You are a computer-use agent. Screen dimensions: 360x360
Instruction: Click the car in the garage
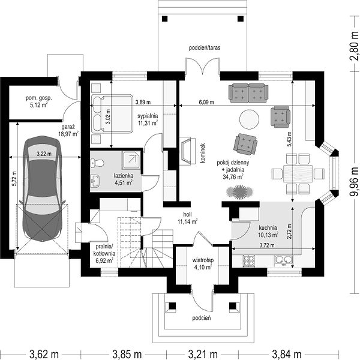coord(43,188)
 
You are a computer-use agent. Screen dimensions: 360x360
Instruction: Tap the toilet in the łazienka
coord(97,163)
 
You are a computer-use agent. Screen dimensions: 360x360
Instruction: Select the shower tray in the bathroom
coord(131,160)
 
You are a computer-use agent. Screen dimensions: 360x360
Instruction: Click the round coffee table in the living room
coord(249,119)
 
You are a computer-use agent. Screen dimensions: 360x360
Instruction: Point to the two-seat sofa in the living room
coord(248,93)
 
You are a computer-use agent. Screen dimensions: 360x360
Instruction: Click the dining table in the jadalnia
coord(298,173)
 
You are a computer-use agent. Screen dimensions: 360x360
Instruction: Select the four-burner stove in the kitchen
coord(249,260)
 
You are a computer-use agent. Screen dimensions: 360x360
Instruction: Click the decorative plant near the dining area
coord(239,192)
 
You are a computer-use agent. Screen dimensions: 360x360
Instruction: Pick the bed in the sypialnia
coord(112,113)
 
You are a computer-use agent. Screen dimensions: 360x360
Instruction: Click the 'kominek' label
coord(202,153)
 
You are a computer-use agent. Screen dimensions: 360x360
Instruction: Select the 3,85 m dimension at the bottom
coord(127,354)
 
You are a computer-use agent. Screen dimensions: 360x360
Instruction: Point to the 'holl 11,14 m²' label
coord(187,218)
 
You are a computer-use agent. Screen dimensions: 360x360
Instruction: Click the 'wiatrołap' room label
coord(203,260)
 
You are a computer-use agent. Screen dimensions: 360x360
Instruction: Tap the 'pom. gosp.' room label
coord(39,98)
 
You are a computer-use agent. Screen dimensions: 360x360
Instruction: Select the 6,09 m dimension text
coord(206,102)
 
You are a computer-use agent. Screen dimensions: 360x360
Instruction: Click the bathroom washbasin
coord(95,180)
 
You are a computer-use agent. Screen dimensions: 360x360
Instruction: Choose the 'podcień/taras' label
coord(205,48)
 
